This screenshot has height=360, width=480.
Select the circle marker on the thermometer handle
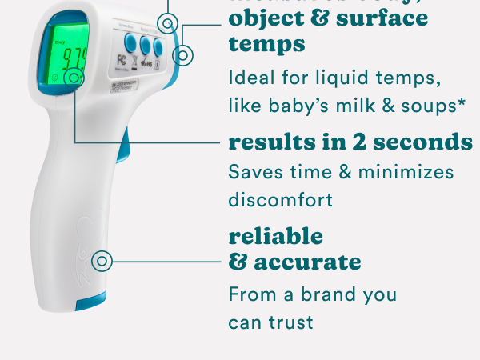[x=102, y=261]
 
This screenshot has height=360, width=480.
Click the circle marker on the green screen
[x=75, y=78]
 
